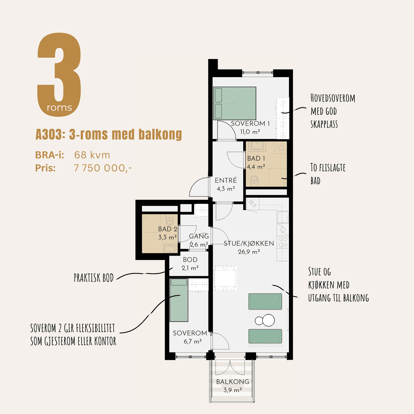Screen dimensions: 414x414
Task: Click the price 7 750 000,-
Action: pos(103,168)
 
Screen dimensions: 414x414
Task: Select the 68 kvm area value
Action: pos(92,155)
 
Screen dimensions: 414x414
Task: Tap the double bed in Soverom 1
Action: pos(235,103)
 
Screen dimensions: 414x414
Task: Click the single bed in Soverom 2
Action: pos(179,300)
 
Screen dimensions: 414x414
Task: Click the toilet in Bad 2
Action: pos(169,220)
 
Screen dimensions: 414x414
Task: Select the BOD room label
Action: pos(190,260)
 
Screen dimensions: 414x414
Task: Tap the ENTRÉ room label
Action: pos(226,180)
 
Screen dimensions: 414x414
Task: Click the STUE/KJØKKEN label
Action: pos(249,243)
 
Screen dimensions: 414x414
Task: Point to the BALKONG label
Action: pos(233,382)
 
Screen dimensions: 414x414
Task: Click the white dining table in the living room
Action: pos(225,278)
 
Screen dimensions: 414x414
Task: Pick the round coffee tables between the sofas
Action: pos(265,320)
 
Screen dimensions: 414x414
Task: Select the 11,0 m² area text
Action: pos(250,132)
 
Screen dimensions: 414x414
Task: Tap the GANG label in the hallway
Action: pos(199,236)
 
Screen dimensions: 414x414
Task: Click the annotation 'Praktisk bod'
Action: pos(94,278)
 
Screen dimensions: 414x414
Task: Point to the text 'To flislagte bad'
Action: pos(328,174)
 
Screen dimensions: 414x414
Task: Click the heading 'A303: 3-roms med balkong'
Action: pos(109,134)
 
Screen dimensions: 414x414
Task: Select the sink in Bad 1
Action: pos(257,146)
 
